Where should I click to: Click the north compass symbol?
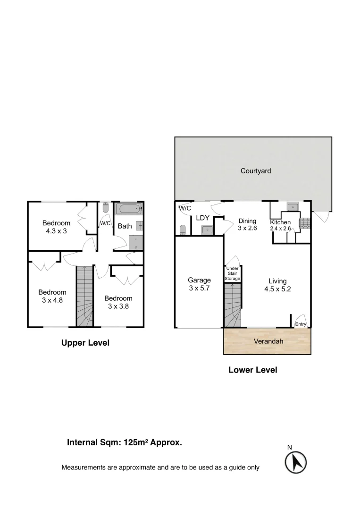(296, 461)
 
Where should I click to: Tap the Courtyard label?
(256, 171)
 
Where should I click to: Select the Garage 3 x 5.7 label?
(199, 284)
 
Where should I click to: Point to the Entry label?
(301, 324)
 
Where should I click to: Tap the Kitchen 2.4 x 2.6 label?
(280, 225)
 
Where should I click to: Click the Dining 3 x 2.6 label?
(247, 224)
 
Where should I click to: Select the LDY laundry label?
(202, 218)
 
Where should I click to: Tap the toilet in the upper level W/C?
(105, 208)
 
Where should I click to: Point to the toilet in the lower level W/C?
(183, 229)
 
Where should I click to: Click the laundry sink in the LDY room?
(207, 229)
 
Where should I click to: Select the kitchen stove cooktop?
(304, 222)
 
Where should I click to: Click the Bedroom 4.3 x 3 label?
(56, 227)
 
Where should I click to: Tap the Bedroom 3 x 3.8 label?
(118, 302)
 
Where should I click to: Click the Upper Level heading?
(85, 343)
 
